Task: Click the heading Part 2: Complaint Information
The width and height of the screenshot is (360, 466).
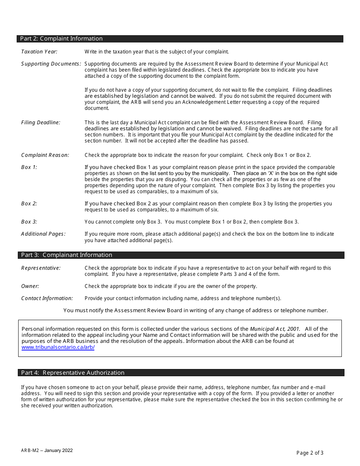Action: coord(61,39)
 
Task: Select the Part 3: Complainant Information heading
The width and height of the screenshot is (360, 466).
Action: coord(67,255)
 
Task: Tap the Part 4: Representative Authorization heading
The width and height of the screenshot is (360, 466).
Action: coord(73,373)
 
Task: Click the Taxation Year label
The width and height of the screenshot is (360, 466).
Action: coord(39,52)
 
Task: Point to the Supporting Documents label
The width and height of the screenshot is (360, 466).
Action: coord(51,64)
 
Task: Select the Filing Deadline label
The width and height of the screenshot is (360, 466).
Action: coord(41,123)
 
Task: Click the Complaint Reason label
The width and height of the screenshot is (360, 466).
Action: coord(45,155)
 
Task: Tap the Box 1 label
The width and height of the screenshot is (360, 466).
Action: coord(29,167)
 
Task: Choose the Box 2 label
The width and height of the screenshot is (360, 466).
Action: coord(29,204)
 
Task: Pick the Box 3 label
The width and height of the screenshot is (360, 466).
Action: coord(29,222)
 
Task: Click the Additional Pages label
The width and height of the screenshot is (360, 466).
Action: coord(43,234)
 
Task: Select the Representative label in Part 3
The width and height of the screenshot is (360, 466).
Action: coord(41,268)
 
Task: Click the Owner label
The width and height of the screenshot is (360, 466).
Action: coord(30,286)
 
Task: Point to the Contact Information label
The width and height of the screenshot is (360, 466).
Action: coord(47,299)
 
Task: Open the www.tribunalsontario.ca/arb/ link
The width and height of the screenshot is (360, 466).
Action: coord(58,347)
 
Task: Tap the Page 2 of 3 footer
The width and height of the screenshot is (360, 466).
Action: coord(310,453)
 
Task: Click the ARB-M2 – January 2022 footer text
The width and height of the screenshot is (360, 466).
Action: coord(47,450)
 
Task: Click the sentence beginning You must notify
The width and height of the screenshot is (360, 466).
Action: coord(196,311)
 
